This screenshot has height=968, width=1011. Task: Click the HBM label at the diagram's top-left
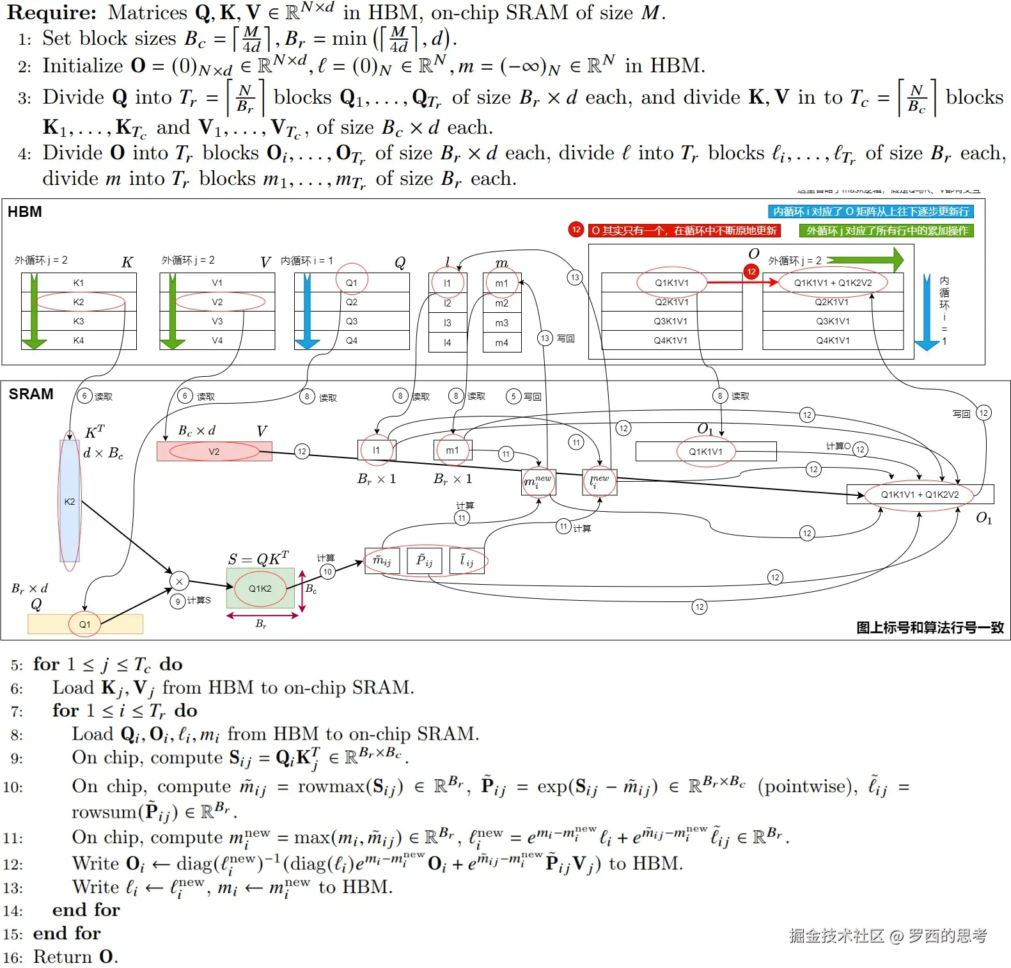[25, 212]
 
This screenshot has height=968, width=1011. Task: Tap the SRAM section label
[31, 394]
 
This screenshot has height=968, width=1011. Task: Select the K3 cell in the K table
[79, 321]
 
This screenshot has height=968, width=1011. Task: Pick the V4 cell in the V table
[217, 340]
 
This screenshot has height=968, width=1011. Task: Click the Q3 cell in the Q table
[352, 321]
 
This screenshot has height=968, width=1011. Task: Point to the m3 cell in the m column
[502, 323]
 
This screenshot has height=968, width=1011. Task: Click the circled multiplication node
[180, 582]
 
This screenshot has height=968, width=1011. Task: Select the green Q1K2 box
[260, 589]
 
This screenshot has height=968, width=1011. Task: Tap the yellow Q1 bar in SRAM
[85, 624]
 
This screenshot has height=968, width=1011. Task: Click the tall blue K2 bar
[70, 502]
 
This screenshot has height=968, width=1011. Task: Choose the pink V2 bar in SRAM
[214, 452]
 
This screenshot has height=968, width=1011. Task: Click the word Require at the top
[52, 12]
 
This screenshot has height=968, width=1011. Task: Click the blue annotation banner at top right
[870, 212]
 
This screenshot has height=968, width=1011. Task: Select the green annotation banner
[886, 231]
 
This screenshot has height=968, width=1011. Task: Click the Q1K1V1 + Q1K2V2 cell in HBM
[833, 283]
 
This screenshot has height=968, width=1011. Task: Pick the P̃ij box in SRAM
[425, 561]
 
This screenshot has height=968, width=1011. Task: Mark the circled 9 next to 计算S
[178, 601]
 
